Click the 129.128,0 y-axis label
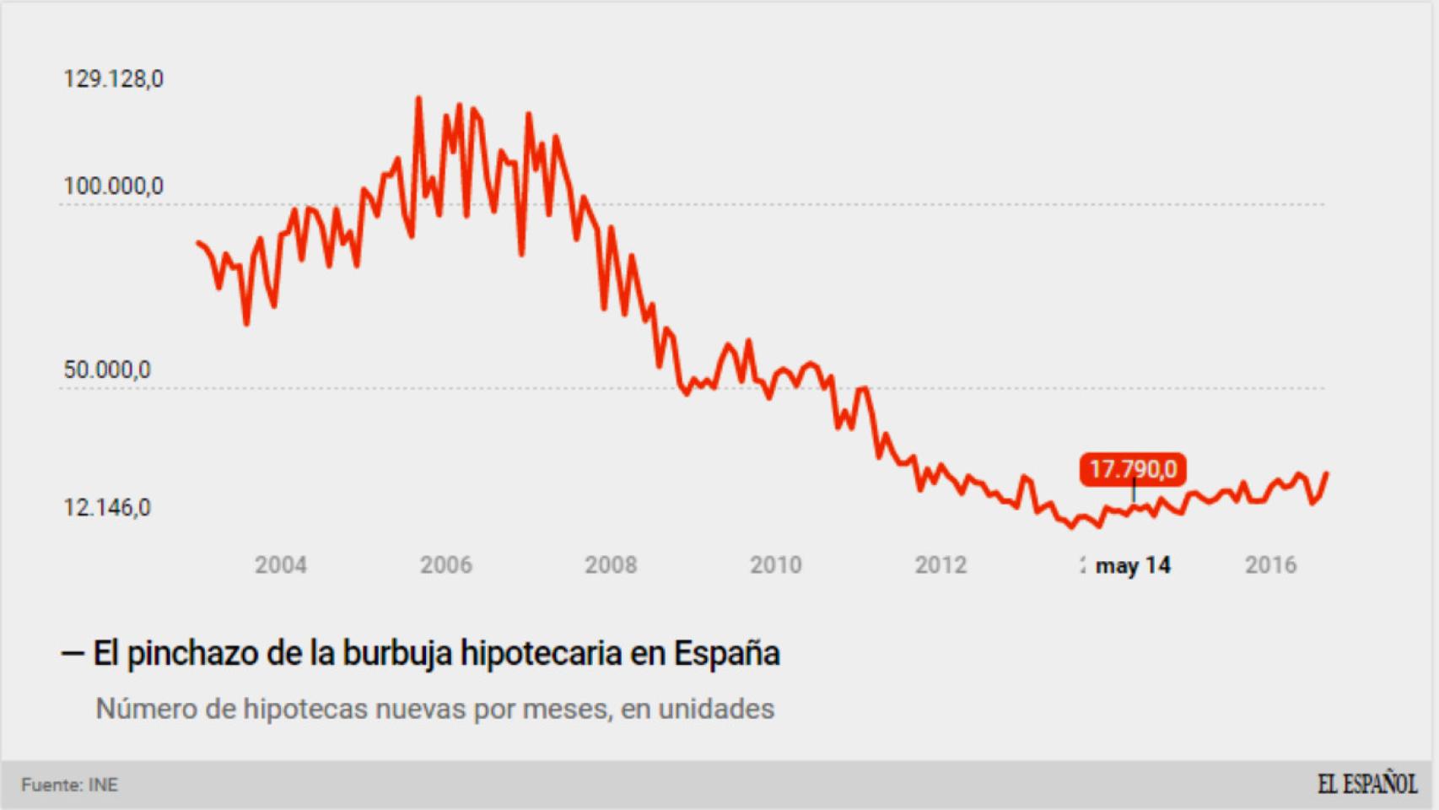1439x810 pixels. click(x=113, y=79)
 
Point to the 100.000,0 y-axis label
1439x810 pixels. click(x=113, y=186)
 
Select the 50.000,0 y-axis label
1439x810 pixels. click(x=107, y=370)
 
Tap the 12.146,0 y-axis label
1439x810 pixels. click(x=107, y=507)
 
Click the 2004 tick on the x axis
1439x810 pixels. click(x=281, y=564)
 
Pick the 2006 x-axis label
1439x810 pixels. click(x=446, y=564)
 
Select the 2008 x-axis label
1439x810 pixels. click(x=611, y=564)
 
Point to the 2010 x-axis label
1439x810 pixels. click(x=776, y=564)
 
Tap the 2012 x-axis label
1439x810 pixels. click(x=940, y=564)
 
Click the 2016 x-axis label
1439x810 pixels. click(x=1270, y=564)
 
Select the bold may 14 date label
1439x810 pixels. click(x=1133, y=565)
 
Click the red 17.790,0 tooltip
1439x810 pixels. click(x=1133, y=469)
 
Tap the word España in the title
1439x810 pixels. click(x=726, y=653)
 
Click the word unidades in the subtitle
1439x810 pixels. click(x=716, y=709)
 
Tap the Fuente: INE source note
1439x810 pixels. click(x=69, y=785)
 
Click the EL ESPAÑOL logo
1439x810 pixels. click(x=1366, y=784)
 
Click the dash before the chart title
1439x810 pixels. click(x=73, y=654)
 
